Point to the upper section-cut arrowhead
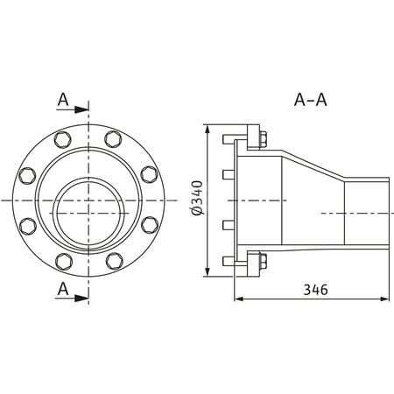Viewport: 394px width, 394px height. click(84, 110)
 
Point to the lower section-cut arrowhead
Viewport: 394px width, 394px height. click(84, 297)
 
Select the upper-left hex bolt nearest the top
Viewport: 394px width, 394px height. click(61, 140)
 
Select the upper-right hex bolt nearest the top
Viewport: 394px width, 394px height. click(113, 140)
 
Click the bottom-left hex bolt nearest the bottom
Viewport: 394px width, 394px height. click(61, 260)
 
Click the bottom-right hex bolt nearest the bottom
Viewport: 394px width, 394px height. click(113, 260)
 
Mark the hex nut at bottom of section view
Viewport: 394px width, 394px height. click(262, 260)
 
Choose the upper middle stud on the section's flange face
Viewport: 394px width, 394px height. click(228, 174)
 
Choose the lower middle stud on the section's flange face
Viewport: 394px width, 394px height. click(228, 225)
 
